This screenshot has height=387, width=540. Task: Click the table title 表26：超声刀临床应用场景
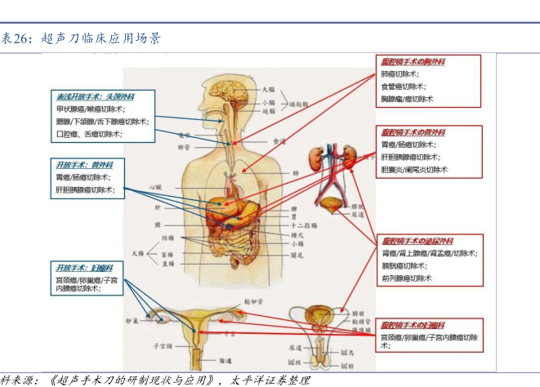click(80, 38)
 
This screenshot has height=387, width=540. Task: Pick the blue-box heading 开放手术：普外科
click(83, 164)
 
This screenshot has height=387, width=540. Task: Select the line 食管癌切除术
click(403, 86)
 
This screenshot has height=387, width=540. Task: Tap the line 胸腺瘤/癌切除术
click(407, 98)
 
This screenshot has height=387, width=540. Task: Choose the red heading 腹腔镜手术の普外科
click(413, 132)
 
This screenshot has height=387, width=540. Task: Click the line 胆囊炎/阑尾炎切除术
click(414, 169)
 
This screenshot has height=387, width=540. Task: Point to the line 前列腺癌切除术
click(406, 278)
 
